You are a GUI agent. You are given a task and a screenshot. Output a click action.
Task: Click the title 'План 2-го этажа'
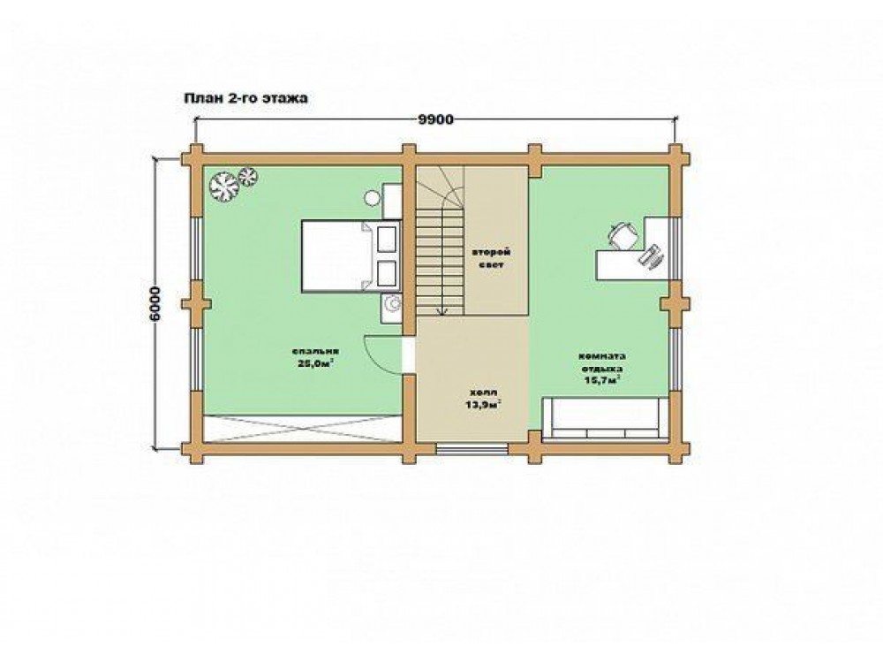click(x=245, y=98)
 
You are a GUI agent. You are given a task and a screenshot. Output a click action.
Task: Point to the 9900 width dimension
click(x=436, y=119)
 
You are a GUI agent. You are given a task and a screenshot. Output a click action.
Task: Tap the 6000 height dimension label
click(x=155, y=304)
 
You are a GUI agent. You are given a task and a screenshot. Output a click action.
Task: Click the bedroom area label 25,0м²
click(x=315, y=363)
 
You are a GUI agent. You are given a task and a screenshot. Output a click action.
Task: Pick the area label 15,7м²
click(x=602, y=379)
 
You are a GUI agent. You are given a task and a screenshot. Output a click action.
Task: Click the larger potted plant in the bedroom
click(x=223, y=186)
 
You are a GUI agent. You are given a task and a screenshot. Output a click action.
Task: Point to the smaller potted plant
click(x=248, y=176)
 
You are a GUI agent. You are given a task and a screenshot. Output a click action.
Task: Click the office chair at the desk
click(x=623, y=234)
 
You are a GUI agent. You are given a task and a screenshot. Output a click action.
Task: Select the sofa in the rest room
click(x=606, y=418)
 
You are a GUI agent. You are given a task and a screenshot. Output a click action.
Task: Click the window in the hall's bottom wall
click(x=472, y=447)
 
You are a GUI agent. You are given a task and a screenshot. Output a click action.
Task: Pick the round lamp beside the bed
click(x=372, y=198)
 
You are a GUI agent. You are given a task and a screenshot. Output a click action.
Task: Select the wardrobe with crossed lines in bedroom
click(x=302, y=429)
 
